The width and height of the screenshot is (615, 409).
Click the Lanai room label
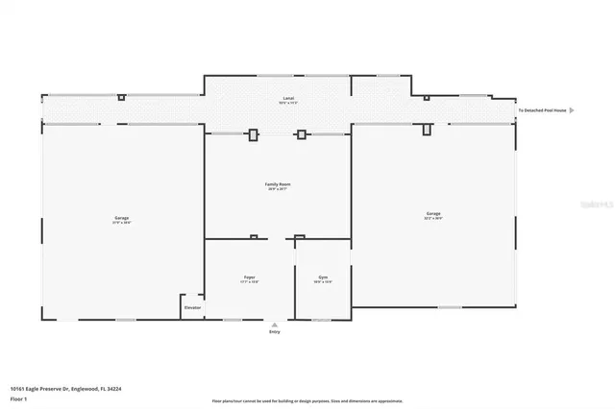tap(287, 98)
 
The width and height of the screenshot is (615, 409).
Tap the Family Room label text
tap(278, 183)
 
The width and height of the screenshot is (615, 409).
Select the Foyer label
tap(249, 277)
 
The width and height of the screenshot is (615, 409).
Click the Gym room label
tap(323, 277)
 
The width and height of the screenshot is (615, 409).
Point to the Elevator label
tap(191, 308)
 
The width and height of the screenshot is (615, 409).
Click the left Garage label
tap(121, 218)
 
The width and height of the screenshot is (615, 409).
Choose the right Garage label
tap(434, 213)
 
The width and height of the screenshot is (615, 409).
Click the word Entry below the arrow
tap(276, 333)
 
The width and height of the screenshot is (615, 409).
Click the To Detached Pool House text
tap(542, 110)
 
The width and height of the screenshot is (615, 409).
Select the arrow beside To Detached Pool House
tap(572, 110)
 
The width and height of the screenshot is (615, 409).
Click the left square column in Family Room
tap(254, 134)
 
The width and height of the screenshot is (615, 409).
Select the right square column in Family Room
tap(302, 134)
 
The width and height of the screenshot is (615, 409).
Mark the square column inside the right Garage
tap(427, 129)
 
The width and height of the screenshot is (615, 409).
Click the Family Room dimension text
tap(278, 189)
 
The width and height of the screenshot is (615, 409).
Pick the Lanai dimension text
tap(287, 103)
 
